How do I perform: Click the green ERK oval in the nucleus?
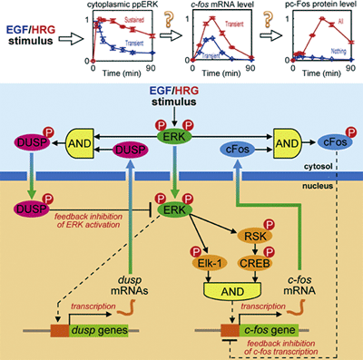click(x=169, y=209)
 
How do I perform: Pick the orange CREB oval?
click(x=252, y=268)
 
